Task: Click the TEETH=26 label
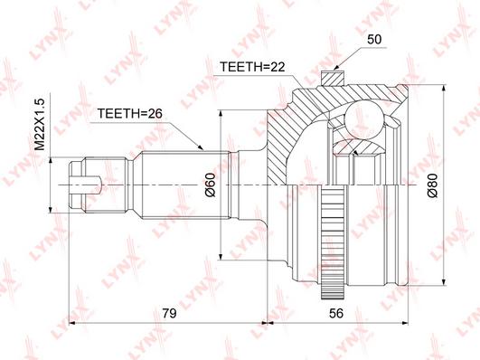[129, 114]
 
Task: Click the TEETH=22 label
[252, 67]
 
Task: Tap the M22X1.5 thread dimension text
[40, 125]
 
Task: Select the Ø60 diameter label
[211, 185]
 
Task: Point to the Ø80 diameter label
[433, 185]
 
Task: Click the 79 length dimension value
[169, 313]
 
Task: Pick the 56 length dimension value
[336, 313]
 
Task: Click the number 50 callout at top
[374, 40]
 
